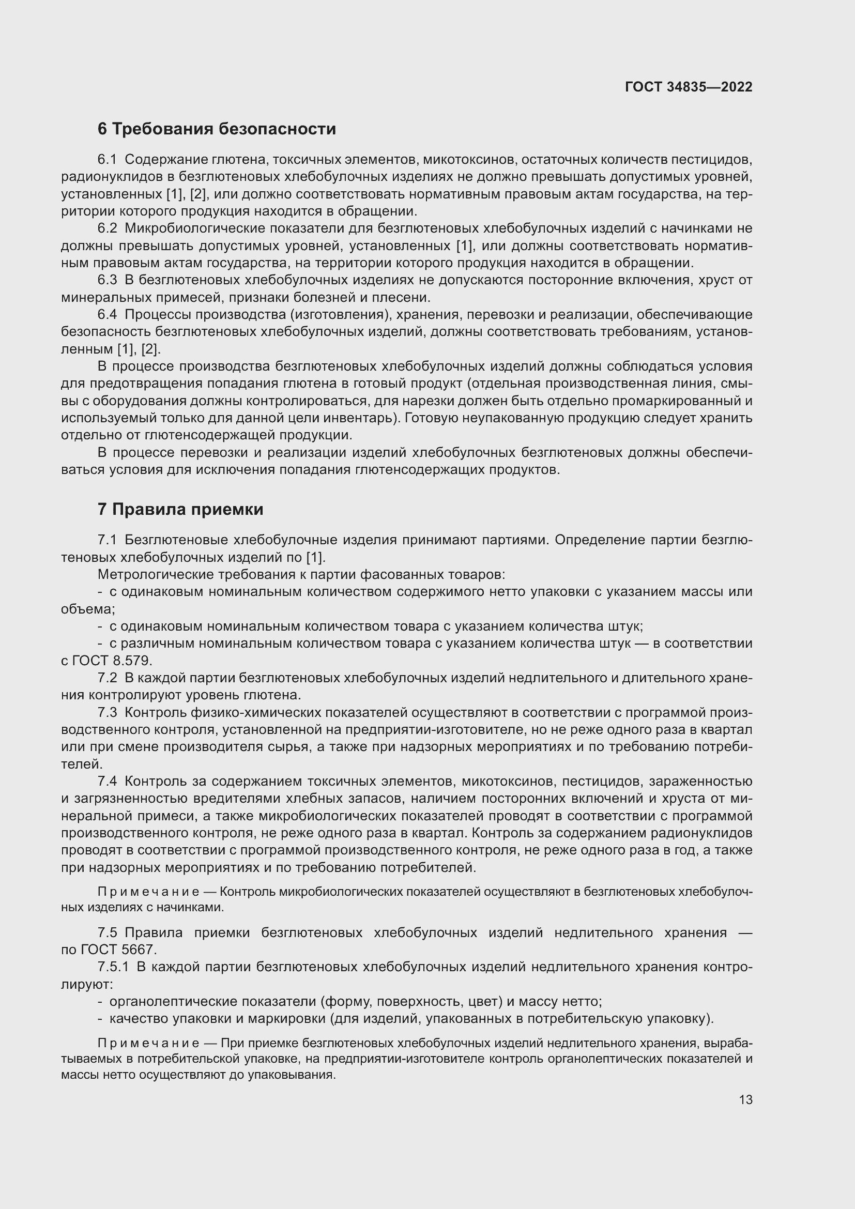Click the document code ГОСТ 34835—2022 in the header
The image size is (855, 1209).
pyautogui.click(x=688, y=87)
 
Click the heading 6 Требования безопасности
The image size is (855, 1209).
pyautogui.click(x=217, y=129)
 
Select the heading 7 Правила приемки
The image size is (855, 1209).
pyautogui.click(x=180, y=509)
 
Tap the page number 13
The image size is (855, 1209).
pyautogui.click(x=745, y=1099)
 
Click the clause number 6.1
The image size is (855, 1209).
pyautogui.click(x=108, y=160)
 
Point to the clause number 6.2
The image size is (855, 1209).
pyautogui.click(x=108, y=228)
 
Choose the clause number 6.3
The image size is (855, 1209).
pyautogui.click(x=108, y=280)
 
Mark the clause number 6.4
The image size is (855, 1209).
pyautogui.click(x=108, y=315)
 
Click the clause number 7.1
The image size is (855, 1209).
pyautogui.click(x=108, y=540)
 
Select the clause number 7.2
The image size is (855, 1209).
pyautogui.click(x=108, y=678)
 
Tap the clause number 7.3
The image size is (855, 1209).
pyautogui.click(x=108, y=713)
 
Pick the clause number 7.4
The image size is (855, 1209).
pyautogui.click(x=108, y=782)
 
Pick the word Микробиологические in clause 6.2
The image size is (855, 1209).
pyautogui.click(x=196, y=228)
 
